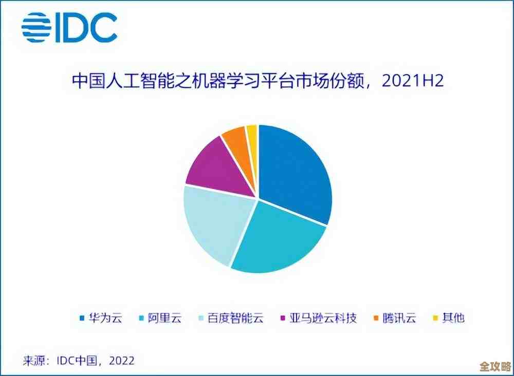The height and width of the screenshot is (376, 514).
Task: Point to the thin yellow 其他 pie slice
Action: click(x=252, y=136)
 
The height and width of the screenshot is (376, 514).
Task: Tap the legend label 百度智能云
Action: click(x=235, y=318)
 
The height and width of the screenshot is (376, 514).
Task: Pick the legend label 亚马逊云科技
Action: click(x=324, y=318)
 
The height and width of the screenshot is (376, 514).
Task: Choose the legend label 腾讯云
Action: click(x=399, y=318)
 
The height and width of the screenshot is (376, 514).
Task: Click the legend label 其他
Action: click(x=453, y=318)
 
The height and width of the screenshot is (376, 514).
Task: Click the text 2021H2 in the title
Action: click(x=412, y=82)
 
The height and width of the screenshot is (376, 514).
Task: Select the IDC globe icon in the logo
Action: click(x=36, y=27)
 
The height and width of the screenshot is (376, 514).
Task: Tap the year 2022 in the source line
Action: click(x=120, y=361)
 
